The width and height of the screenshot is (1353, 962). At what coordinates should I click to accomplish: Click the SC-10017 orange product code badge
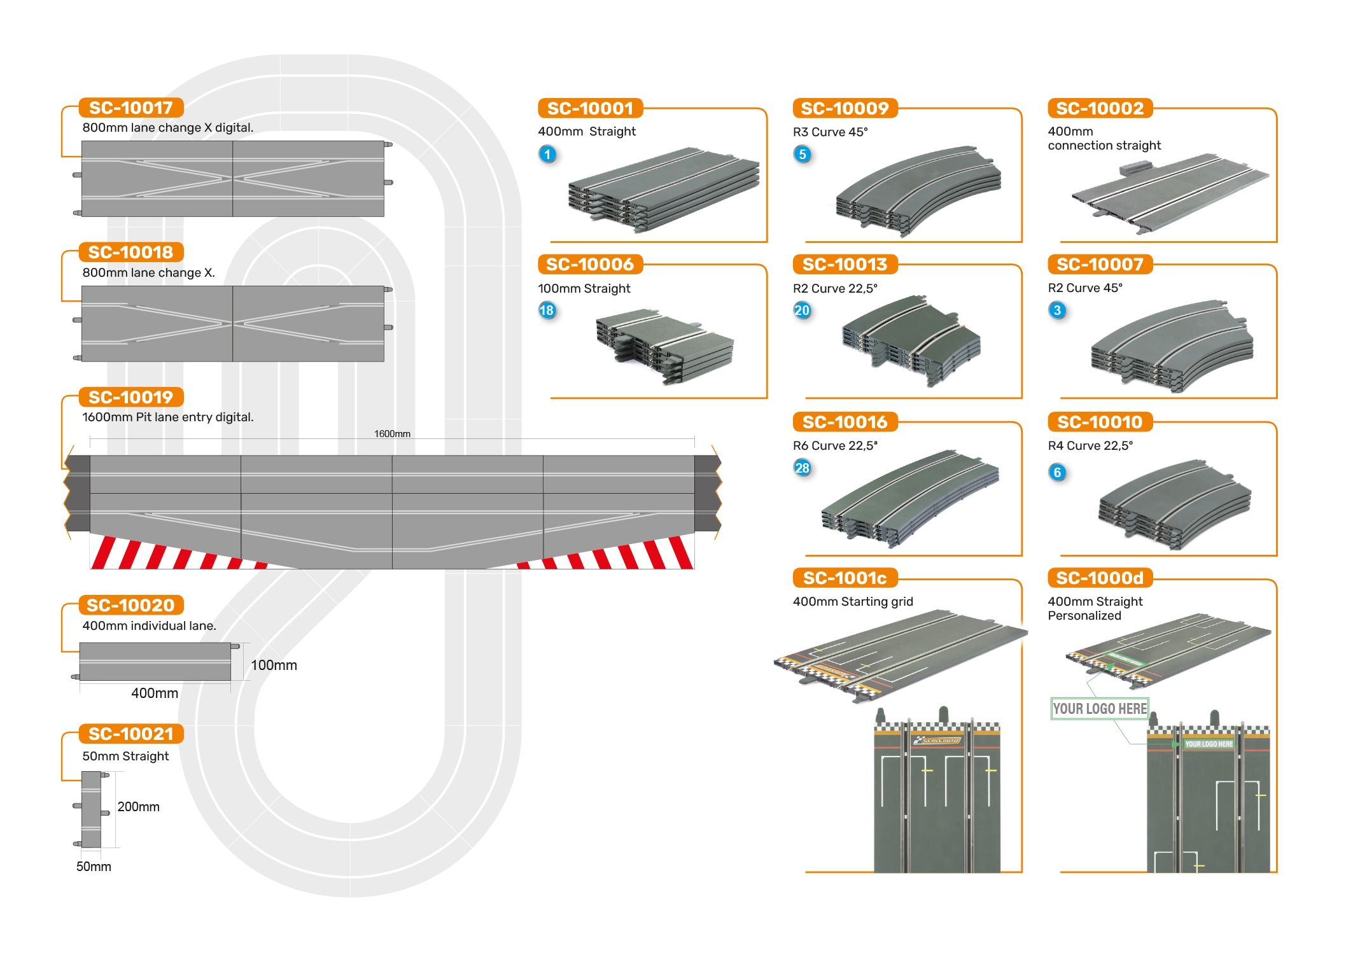pos(131,108)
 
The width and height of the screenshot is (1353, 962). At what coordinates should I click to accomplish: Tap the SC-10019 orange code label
pos(131,397)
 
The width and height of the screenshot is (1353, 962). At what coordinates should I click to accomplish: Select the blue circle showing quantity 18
pos(547,310)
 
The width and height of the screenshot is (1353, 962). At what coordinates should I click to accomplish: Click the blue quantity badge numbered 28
pos(802,468)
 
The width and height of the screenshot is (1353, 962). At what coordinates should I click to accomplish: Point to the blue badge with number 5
pos(803,154)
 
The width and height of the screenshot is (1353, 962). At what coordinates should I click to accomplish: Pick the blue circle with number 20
pos(802,310)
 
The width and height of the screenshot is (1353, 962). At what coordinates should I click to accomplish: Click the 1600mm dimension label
pos(392,434)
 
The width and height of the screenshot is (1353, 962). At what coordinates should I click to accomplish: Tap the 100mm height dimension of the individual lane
pos(274,665)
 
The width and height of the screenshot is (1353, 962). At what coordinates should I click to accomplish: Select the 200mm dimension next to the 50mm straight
pos(138,807)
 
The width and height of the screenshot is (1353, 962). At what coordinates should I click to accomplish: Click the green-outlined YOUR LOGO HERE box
pos(1099,709)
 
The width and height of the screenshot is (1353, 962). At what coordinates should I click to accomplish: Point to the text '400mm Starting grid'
pos(853,601)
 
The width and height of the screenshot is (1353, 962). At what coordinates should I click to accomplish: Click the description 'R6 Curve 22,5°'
pos(835,445)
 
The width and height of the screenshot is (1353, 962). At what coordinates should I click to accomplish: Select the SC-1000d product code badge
pos(1100,578)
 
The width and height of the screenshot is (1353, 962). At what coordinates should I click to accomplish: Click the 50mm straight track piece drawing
pos(92,809)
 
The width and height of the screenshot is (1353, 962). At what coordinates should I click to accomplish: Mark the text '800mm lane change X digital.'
pos(168,127)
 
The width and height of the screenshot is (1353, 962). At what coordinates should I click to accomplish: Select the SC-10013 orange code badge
pos(845,264)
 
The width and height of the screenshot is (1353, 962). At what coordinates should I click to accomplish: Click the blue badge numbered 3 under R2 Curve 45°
pos(1057,310)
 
